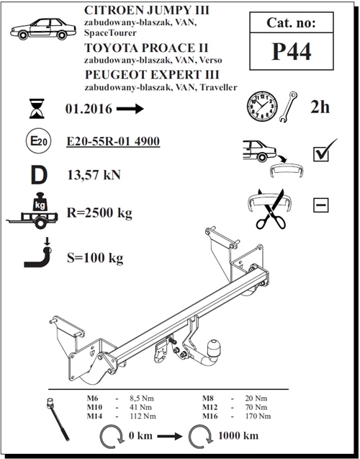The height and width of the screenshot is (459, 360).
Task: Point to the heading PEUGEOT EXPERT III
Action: click(x=141, y=75)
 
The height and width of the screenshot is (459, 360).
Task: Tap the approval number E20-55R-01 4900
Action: click(x=112, y=141)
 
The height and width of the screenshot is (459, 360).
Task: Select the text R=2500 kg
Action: click(x=101, y=213)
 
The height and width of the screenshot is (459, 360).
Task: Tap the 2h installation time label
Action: click(x=320, y=108)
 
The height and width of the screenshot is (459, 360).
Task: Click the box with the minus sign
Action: click(x=320, y=205)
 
